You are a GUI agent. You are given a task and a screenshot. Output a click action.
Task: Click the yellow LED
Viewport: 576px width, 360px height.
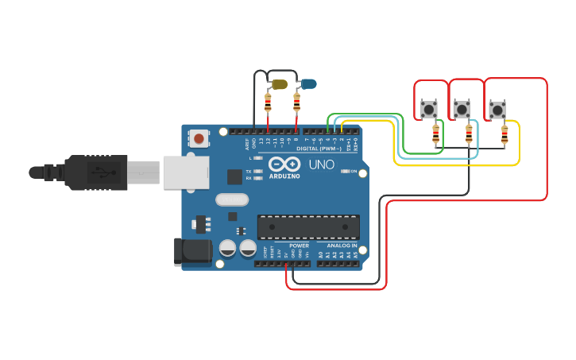tap(279, 83)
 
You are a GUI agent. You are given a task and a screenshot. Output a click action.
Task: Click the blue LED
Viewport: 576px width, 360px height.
tap(308, 83)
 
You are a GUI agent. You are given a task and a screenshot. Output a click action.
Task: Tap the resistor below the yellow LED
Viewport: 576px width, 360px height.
tap(268, 103)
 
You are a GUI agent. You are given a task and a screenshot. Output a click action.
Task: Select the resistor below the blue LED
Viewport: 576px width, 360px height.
tap(297, 103)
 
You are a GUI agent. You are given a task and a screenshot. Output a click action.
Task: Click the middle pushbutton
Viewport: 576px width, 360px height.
tap(461, 108)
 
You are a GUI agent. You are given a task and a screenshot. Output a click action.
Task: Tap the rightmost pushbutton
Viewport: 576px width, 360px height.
tap(497, 110)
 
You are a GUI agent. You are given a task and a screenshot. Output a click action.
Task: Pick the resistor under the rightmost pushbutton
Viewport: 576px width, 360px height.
tap(504, 135)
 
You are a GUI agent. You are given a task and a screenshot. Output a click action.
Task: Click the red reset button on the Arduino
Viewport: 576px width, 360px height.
tap(199, 139)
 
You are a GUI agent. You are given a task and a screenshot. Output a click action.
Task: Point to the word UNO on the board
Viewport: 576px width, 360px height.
tap(321, 165)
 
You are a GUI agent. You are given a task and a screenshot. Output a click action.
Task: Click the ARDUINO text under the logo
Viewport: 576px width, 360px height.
tap(284, 176)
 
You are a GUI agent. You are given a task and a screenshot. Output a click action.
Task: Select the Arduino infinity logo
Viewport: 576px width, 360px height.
tap(284, 165)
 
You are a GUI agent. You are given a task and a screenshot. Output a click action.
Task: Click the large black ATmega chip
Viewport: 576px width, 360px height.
tap(308, 226)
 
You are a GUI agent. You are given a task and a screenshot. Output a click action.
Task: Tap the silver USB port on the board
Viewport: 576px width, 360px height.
tap(186, 172)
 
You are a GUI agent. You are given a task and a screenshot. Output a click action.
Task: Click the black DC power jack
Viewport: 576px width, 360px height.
tap(192, 252)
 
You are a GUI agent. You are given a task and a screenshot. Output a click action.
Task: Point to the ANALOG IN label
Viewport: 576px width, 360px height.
tap(338, 246)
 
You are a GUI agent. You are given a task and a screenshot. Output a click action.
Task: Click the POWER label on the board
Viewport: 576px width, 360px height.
tap(299, 246)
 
